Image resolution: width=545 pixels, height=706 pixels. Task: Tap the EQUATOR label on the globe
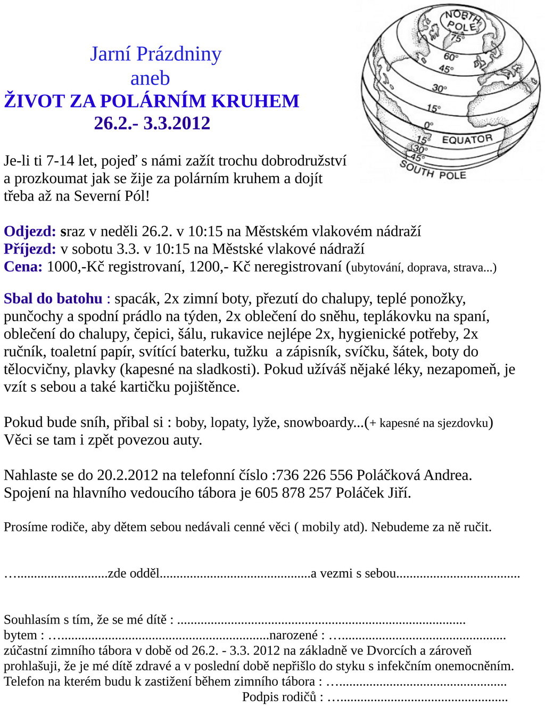coord(467,139)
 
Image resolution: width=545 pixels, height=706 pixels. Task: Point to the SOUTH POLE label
coord(433,171)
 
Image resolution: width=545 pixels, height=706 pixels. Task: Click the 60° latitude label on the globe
coord(450,57)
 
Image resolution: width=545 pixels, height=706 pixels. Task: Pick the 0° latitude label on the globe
coord(428,126)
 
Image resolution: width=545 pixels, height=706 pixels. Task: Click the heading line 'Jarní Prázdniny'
coord(155,54)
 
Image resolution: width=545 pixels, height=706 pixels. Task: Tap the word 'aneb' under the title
coord(150,78)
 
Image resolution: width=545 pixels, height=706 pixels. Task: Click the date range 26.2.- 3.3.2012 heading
coord(152,123)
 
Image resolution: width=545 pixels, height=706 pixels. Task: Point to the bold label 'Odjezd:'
coord(30,231)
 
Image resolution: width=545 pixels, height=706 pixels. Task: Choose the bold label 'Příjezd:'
coord(30,249)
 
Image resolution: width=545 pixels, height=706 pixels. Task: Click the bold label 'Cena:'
coord(23,266)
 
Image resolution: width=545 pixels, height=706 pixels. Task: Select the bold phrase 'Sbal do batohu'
coord(53,298)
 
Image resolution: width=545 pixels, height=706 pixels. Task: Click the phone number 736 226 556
coord(315,475)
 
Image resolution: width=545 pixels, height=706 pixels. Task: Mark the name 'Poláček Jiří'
coord(373,492)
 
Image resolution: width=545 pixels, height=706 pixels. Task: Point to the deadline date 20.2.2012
coord(128,475)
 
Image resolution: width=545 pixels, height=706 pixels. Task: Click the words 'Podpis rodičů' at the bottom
coord(279,697)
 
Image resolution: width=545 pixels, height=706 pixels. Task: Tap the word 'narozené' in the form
coord(293,635)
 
